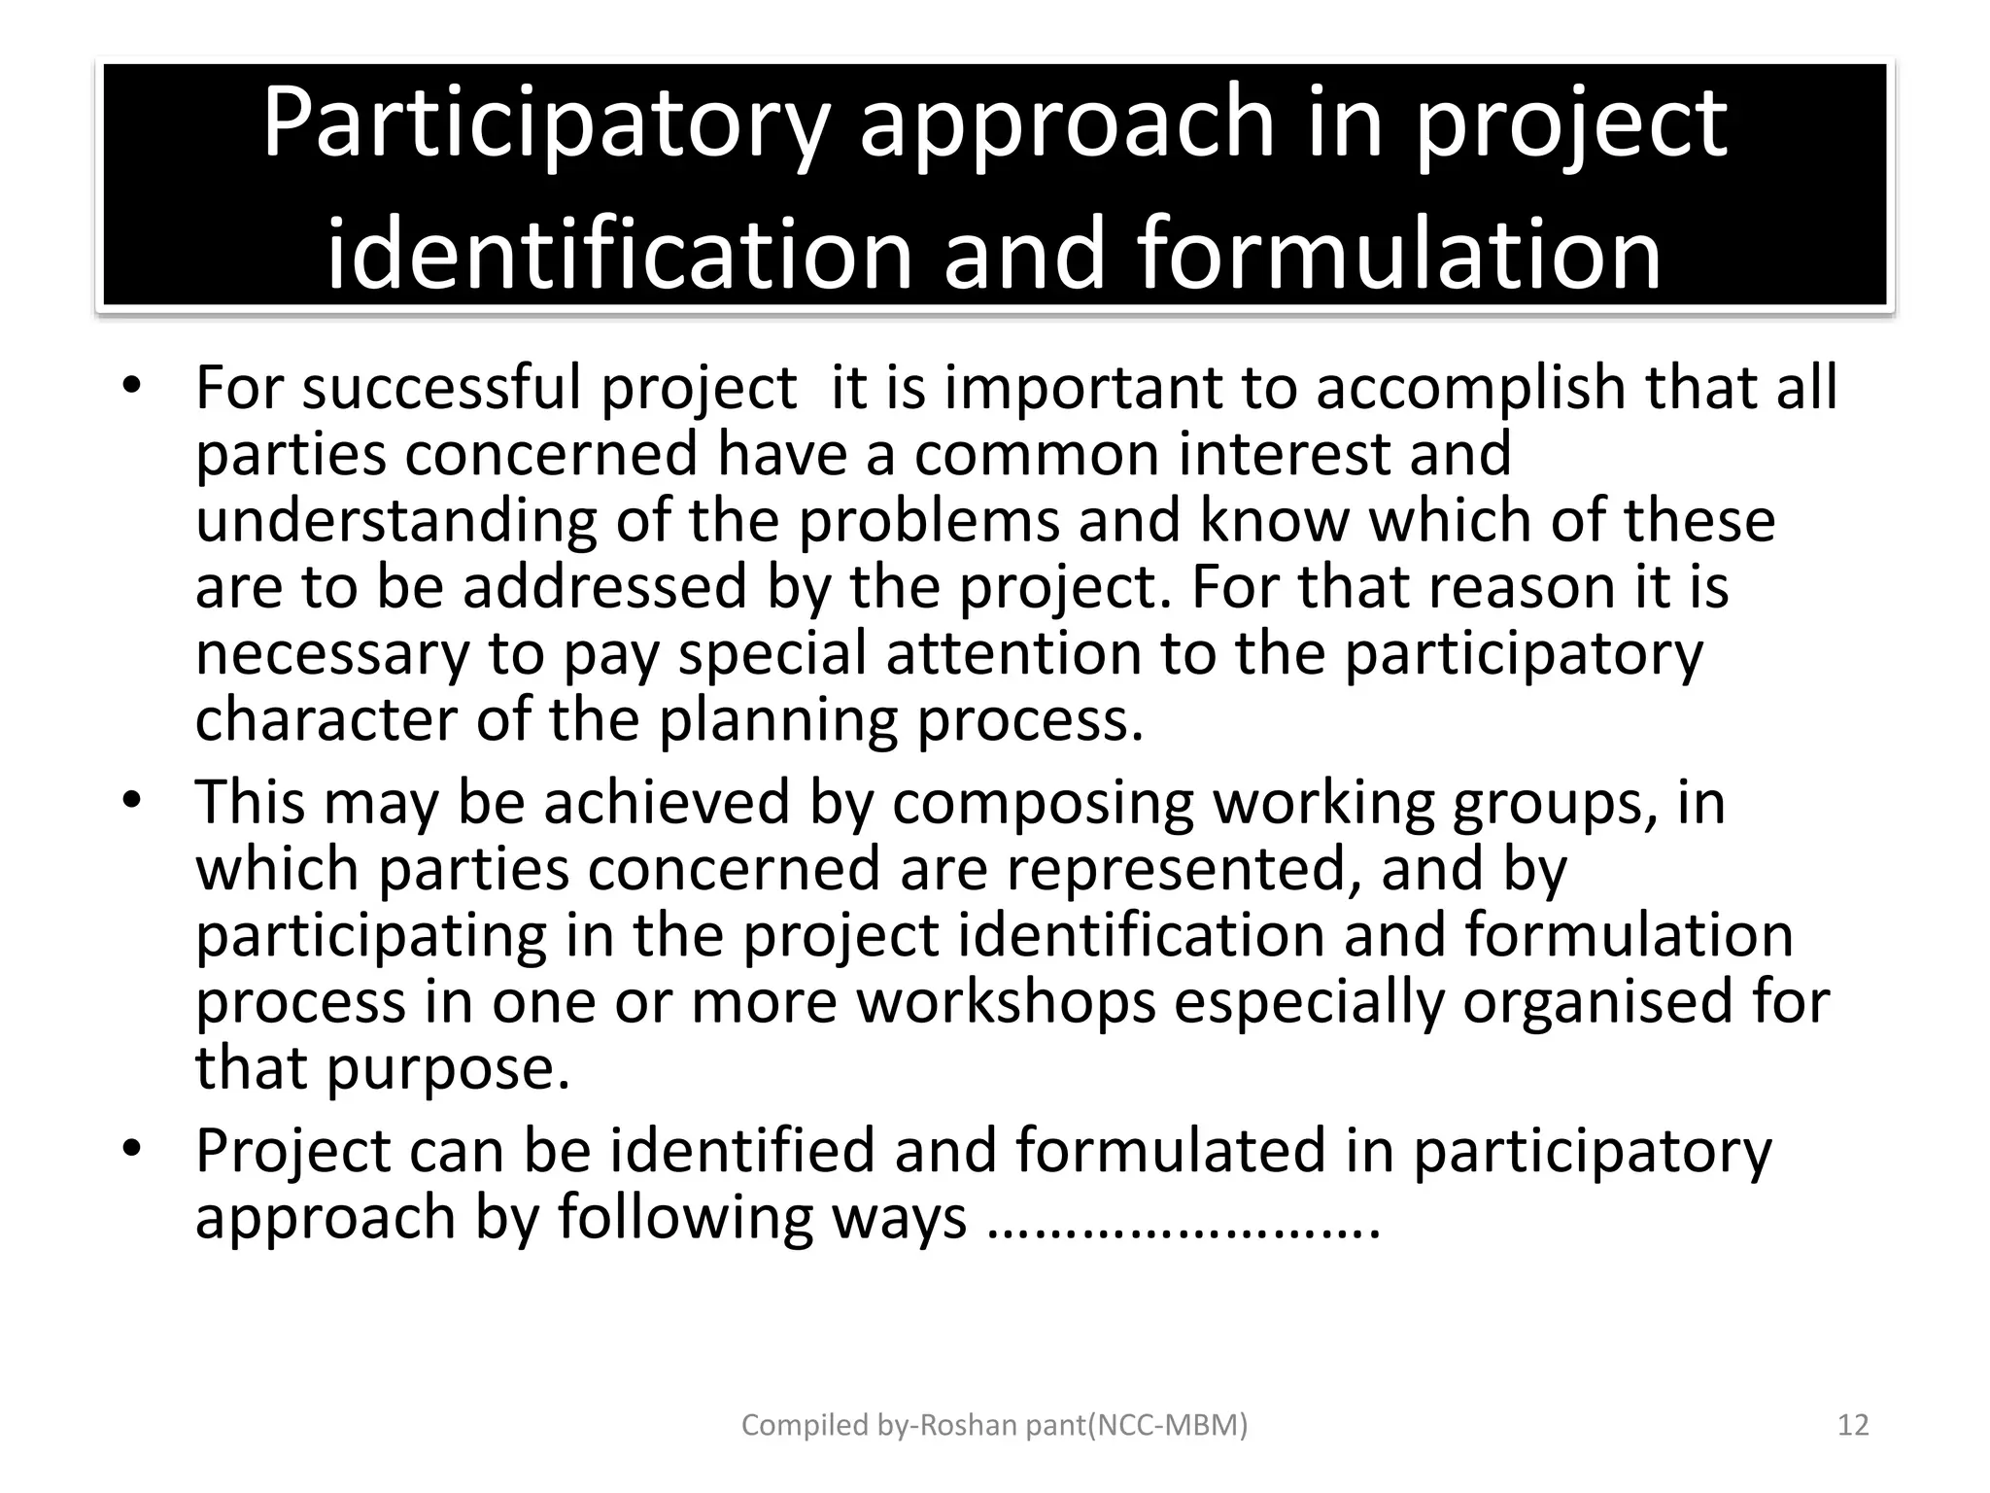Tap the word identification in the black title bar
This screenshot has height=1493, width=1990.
619,255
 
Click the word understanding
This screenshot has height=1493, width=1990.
395,522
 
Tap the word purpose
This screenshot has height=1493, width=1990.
447,1068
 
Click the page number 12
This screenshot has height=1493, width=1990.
1854,1425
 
